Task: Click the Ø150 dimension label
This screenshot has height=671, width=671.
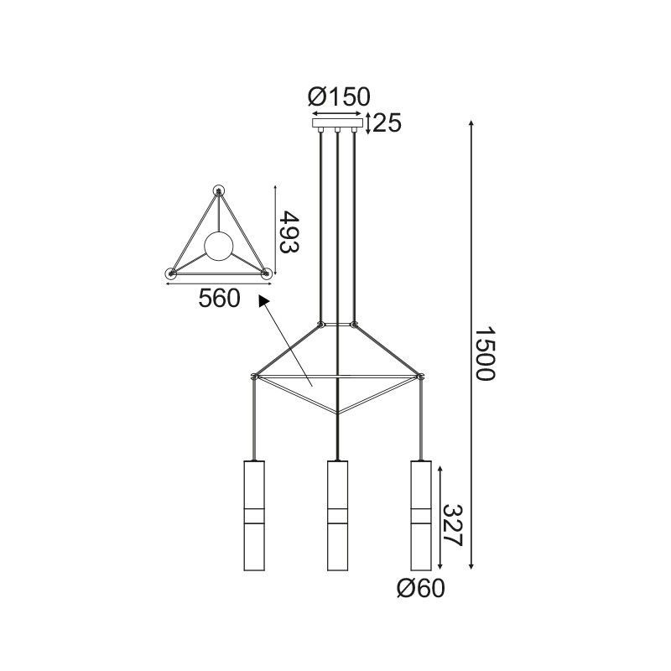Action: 339,97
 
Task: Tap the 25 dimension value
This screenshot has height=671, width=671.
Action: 387,123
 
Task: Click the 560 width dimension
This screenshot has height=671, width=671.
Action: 220,298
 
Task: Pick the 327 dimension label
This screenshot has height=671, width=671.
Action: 453,526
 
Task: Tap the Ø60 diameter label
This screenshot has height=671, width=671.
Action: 419,589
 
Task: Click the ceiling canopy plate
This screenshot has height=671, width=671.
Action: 338,123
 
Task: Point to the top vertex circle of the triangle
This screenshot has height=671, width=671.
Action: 220,190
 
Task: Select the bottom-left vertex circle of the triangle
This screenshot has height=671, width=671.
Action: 171,273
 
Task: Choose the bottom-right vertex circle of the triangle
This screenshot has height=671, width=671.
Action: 268,273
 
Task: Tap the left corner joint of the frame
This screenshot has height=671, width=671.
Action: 254,377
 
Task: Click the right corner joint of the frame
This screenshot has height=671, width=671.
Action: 419,377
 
